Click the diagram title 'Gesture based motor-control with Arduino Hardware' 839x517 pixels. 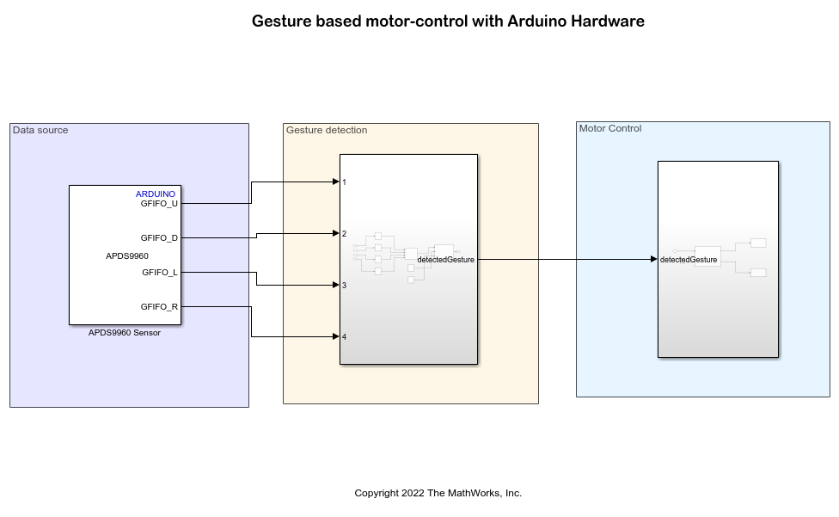(x=448, y=22)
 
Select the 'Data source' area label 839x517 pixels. (x=40, y=130)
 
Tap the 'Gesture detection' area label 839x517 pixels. (x=327, y=130)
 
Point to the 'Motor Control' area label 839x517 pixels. (x=610, y=128)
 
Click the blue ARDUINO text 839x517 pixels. (x=156, y=194)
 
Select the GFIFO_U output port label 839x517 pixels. (x=159, y=204)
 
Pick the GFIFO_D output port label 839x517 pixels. (x=159, y=237)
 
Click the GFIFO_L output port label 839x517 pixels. (x=160, y=273)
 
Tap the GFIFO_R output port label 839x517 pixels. (x=159, y=306)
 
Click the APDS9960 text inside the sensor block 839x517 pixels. (x=127, y=255)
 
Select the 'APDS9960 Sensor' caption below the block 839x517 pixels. (x=125, y=333)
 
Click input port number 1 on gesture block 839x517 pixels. (x=345, y=182)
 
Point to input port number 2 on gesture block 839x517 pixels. (x=345, y=234)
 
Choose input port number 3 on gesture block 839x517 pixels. (x=345, y=286)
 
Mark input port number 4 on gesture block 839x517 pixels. (x=345, y=337)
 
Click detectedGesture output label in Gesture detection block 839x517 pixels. (x=445, y=259)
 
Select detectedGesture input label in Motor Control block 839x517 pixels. (x=689, y=259)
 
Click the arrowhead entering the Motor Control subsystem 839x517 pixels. (x=653, y=259)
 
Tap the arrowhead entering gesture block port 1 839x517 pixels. (x=335, y=182)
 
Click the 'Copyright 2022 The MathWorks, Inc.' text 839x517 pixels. (x=438, y=493)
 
